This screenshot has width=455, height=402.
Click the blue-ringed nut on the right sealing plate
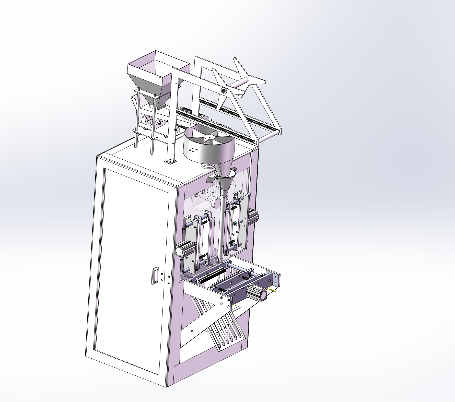pyautogui.click(x=236, y=224)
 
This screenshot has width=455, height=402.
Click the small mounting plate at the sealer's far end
pyautogui.click(x=276, y=279)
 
